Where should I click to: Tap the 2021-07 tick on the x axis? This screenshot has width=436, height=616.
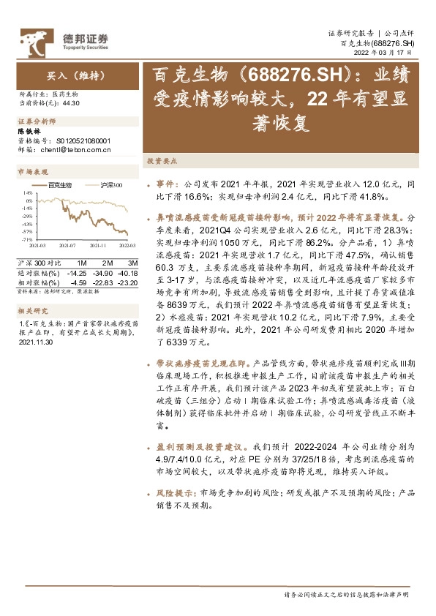tap(68, 247)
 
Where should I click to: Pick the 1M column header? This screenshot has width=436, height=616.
tap(82, 262)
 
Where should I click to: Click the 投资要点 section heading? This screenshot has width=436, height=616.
tap(161, 160)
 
